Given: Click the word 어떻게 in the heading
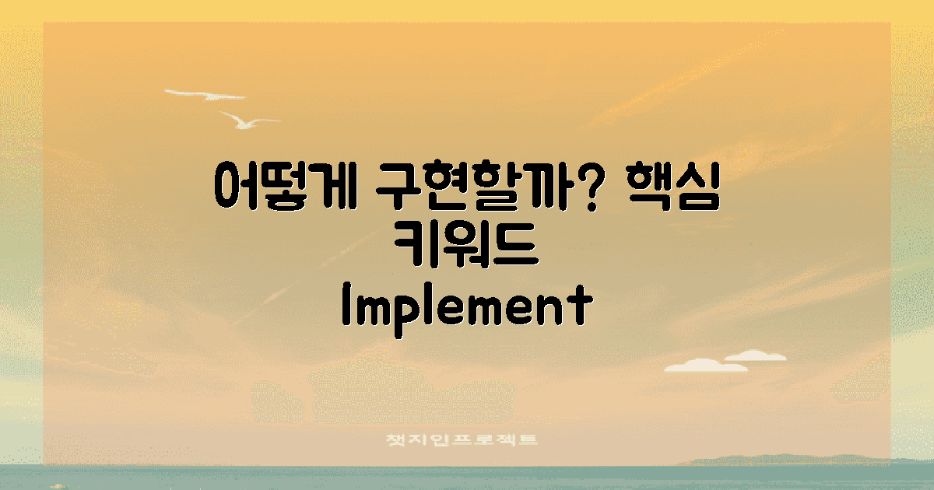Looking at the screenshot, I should click(284, 185).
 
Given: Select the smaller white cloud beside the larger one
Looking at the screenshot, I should click(754, 355).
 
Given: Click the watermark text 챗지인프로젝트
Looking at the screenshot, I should click(462, 440).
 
